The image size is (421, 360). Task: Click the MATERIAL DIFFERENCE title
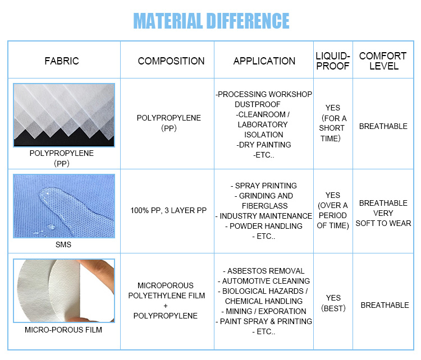pos(210,21)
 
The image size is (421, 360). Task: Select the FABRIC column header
pos(62,61)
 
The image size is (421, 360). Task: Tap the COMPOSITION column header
pos(171,61)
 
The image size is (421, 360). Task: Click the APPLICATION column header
pos(264,61)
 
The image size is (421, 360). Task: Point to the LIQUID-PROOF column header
pos(333,61)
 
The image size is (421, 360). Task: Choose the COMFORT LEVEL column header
pos(383,61)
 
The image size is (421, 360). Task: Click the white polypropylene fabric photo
pos(64,114)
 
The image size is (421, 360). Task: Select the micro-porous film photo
pos(64,290)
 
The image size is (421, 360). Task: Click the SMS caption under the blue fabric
pos(63,245)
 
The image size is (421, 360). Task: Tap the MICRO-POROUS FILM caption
pos(63,330)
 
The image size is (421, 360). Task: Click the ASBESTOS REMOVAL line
pos(264,271)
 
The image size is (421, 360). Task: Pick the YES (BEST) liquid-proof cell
pos(333,303)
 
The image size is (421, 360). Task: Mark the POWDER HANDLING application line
pos(264,226)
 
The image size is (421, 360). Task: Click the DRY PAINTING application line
pos(264,145)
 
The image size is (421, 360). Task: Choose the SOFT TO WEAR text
pos(383,223)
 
